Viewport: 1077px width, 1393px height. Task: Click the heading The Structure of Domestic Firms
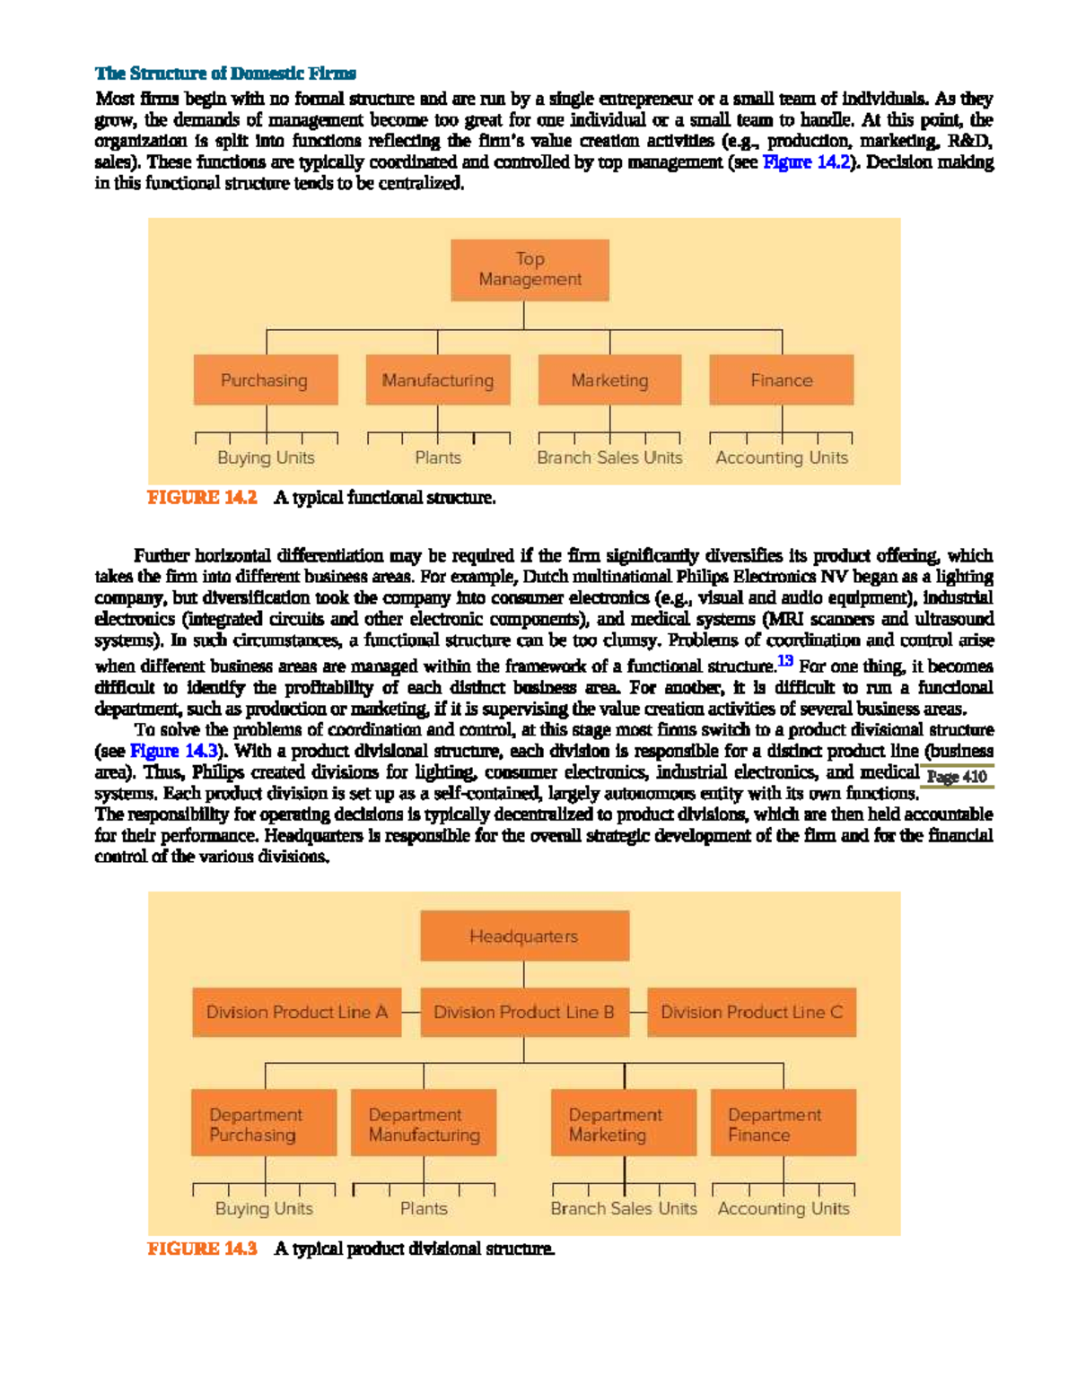pyautogui.click(x=225, y=74)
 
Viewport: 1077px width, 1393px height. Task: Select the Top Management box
pyautogui.click(x=530, y=269)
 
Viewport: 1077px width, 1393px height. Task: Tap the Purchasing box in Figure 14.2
pyautogui.click(x=266, y=380)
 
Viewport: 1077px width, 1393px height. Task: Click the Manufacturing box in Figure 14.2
pyautogui.click(x=438, y=380)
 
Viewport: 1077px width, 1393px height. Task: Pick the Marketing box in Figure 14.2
pyautogui.click(x=609, y=380)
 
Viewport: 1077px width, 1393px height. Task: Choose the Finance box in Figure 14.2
pyautogui.click(x=781, y=380)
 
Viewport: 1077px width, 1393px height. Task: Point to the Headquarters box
pyautogui.click(x=524, y=936)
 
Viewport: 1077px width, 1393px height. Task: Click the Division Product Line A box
pyautogui.click(x=296, y=1013)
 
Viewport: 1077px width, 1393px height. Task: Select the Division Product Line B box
pyautogui.click(x=524, y=1013)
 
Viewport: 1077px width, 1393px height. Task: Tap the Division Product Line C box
pyautogui.click(x=751, y=1013)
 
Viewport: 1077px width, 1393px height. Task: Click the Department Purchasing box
pyautogui.click(x=264, y=1124)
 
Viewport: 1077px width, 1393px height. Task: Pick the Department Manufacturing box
pyautogui.click(x=424, y=1124)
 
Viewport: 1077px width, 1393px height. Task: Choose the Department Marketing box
pyautogui.click(x=624, y=1124)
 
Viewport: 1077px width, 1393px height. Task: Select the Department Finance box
pyautogui.click(x=783, y=1124)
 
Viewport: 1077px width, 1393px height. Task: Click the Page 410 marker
pyautogui.click(x=957, y=777)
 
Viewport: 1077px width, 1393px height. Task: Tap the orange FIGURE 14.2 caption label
pyautogui.click(x=202, y=498)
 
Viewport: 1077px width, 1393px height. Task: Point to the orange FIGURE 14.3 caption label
pyautogui.click(x=202, y=1249)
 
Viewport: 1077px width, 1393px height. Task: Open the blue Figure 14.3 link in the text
pyautogui.click(x=174, y=751)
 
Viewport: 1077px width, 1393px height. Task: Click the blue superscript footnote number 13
pyautogui.click(x=785, y=661)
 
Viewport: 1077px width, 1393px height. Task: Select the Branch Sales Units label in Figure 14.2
pyautogui.click(x=609, y=457)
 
